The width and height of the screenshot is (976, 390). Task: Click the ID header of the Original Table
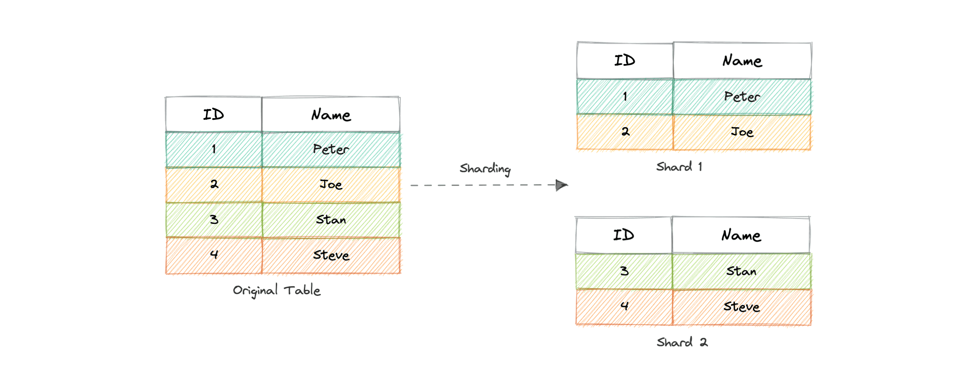213,114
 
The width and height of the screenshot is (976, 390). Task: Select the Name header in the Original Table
331,115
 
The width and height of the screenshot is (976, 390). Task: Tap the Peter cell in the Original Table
331,149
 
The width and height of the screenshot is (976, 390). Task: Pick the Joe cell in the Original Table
331,184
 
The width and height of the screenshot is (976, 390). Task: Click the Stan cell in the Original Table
331,220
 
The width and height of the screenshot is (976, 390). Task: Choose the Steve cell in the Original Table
331,255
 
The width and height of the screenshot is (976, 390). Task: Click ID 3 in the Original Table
214,219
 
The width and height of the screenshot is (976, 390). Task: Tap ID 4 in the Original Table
214,254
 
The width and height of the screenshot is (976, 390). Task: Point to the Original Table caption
277,290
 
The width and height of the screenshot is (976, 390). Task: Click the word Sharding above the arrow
485,169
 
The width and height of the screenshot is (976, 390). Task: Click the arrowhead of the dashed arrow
561,185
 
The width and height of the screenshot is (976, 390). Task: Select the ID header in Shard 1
625,61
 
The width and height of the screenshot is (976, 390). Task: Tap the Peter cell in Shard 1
742,97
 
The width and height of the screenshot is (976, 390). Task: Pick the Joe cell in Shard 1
742,132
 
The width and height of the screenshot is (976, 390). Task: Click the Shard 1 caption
679,167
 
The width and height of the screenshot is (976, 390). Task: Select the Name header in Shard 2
741,235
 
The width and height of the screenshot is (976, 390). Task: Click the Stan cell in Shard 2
741,271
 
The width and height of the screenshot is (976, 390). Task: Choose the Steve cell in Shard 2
741,307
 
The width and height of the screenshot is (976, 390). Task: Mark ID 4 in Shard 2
624,306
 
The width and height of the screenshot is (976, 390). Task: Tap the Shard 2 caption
682,342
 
